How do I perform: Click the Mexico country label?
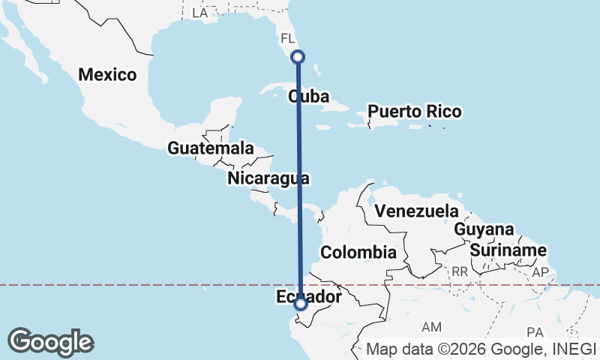[107, 74]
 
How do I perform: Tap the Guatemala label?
[210, 148]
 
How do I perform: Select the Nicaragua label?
[268, 178]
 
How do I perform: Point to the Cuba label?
[309, 96]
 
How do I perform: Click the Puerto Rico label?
[414, 112]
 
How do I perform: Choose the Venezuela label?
[416, 210]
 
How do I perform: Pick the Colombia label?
[358, 252]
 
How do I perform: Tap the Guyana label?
[484, 229]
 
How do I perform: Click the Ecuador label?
[309, 298]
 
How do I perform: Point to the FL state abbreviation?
[288, 37]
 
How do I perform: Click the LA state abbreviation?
[199, 13]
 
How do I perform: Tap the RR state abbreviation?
[460, 271]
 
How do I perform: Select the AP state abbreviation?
[540, 273]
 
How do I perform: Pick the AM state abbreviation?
[432, 327]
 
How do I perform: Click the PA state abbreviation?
[535, 331]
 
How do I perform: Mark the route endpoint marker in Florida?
[298, 56]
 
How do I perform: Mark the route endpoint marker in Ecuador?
[301, 304]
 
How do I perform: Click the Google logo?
[50, 342]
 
